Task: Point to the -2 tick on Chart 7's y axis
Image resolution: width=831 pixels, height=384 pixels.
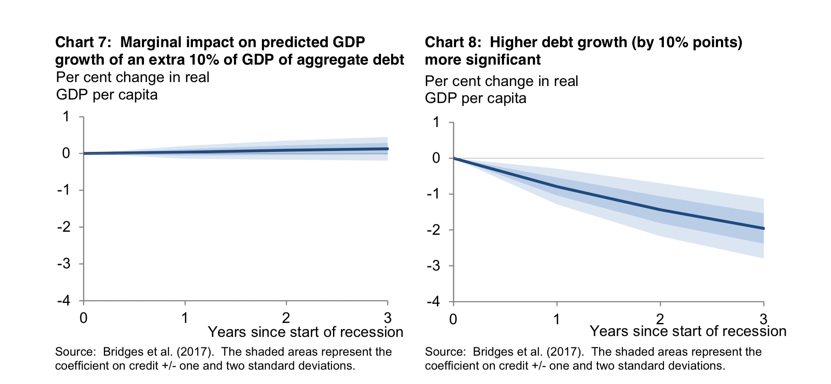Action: click(64, 227)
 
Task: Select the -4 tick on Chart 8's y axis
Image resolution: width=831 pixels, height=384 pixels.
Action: click(433, 302)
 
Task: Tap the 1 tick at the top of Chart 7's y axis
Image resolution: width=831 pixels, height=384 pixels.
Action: click(66, 117)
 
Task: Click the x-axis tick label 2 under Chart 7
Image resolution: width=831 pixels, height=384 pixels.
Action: click(286, 318)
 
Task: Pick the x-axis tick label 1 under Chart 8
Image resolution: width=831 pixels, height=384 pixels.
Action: click(556, 319)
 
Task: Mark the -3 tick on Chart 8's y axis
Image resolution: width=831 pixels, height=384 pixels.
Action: click(433, 266)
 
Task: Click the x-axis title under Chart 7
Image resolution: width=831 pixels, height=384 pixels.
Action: click(306, 332)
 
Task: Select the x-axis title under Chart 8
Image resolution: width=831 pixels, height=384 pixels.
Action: click(688, 331)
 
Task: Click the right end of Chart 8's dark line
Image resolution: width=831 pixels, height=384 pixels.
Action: click(763, 228)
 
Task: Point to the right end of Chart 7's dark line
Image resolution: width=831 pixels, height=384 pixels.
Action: click(387, 149)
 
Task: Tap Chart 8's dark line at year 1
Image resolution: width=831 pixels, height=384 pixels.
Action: click(557, 187)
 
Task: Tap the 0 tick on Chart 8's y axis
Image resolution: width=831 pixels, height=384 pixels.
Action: click(436, 158)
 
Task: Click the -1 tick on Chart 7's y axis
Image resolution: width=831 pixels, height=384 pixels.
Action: click(64, 190)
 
